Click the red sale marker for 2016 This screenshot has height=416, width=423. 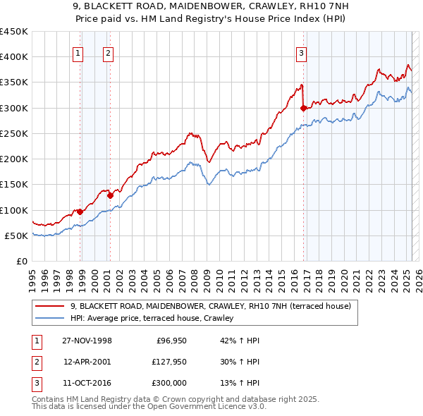[303, 109]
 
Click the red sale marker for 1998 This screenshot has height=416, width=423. [80, 211]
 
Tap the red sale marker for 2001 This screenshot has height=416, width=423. [110, 195]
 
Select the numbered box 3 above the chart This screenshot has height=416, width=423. [301, 51]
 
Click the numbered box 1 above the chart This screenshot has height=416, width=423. [78, 51]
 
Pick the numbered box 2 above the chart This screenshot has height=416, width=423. [108, 51]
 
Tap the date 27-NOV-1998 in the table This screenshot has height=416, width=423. [87, 341]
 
